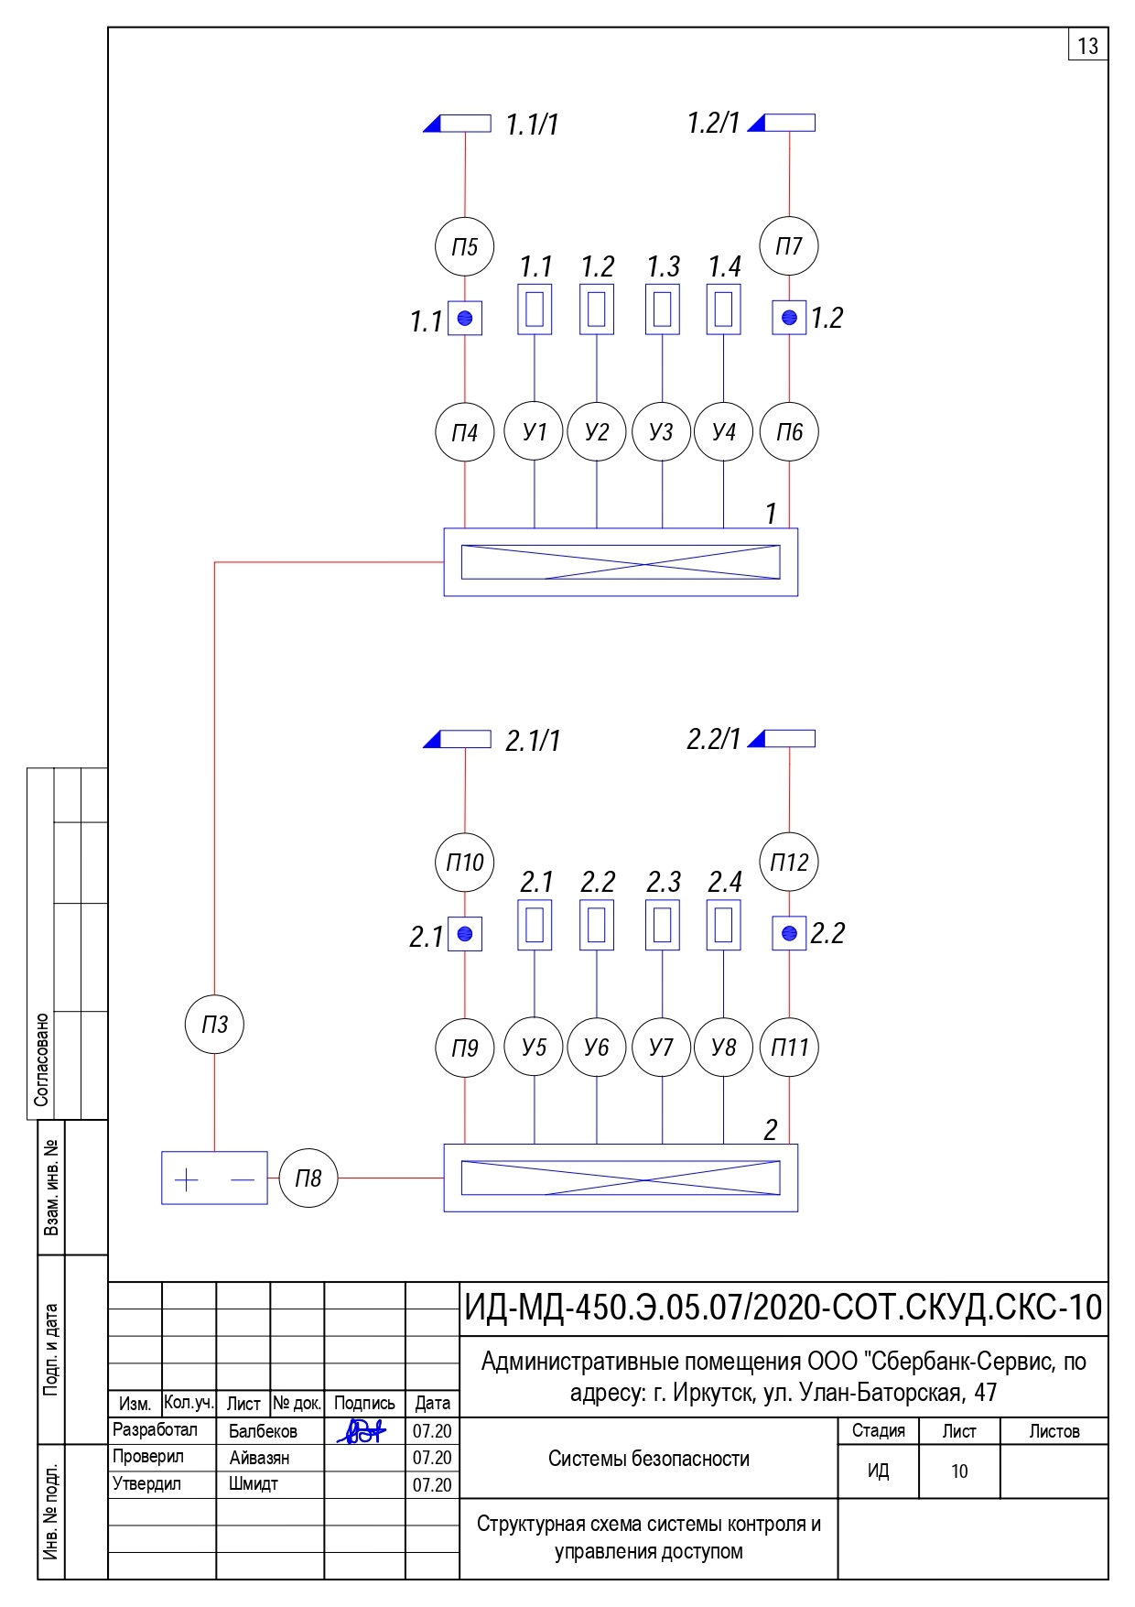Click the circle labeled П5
(464, 246)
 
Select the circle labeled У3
(661, 431)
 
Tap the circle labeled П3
(214, 1024)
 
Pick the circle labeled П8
(308, 1178)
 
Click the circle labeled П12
(789, 862)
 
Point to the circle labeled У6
(596, 1047)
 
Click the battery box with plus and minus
(214, 1178)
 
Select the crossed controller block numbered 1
(621, 562)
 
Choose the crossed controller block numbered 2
(621, 1178)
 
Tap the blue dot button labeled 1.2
(789, 318)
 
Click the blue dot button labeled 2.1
(464, 934)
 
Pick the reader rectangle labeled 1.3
(662, 309)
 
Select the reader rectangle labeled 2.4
(723, 925)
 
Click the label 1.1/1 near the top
(532, 125)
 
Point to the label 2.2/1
(713, 739)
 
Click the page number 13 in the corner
(1087, 46)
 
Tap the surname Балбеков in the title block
(263, 1431)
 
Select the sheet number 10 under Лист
(958, 1471)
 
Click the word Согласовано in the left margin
(41, 1059)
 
